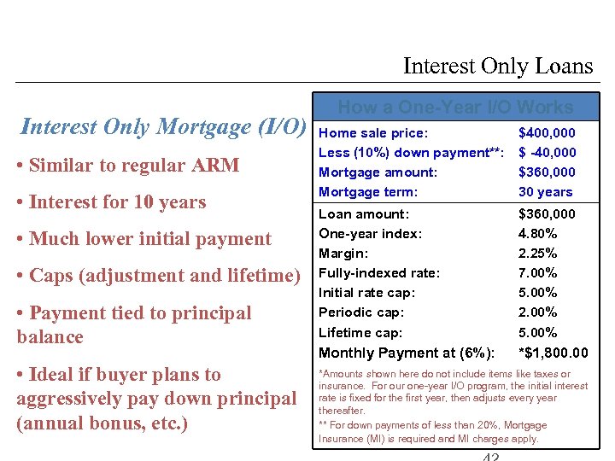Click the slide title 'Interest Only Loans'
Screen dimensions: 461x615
497,66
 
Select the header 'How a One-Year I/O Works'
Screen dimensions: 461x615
455,108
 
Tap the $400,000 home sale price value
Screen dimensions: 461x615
547,133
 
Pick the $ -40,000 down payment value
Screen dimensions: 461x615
547,153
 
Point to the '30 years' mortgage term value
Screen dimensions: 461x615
546,192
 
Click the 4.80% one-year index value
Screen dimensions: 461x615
538,233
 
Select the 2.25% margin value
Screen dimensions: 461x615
538,254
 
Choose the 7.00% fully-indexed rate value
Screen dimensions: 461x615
538,273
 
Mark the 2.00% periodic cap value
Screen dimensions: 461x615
538,312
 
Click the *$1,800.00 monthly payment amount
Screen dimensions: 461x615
553,353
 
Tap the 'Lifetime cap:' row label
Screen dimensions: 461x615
360,333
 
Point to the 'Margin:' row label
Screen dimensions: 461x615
343,254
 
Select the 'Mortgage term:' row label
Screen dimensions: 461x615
368,192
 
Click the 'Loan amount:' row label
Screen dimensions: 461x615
364,214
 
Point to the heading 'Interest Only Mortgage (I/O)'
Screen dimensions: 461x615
162,127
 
